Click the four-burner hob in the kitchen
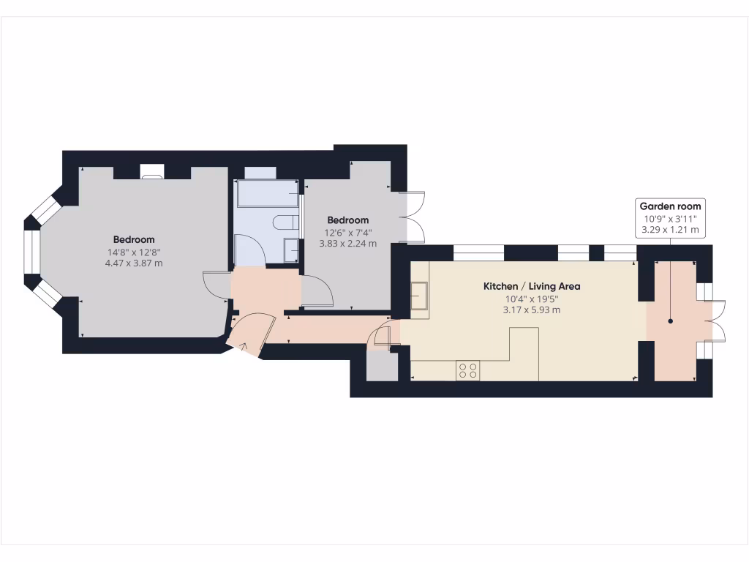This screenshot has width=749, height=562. (468, 371)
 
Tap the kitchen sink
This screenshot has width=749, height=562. (420, 296)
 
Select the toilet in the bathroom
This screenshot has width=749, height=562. (285, 222)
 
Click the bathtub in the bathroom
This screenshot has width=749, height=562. (266, 194)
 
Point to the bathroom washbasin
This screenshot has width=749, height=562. (291, 250)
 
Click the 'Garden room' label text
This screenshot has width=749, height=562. (670, 206)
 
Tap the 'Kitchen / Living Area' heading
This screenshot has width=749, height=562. (532, 286)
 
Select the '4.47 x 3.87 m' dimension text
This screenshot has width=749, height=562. (134, 263)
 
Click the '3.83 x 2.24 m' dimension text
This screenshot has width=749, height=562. (347, 244)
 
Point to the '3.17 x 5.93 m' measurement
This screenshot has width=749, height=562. (532, 310)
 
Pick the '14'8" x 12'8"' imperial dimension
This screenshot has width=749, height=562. (134, 252)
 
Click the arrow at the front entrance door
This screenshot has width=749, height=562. (244, 346)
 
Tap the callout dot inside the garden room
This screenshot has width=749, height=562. (670, 321)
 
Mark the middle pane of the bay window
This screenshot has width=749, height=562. (31, 251)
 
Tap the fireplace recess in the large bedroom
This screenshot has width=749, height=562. (152, 173)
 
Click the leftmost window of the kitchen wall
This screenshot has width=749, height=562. (478, 254)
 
